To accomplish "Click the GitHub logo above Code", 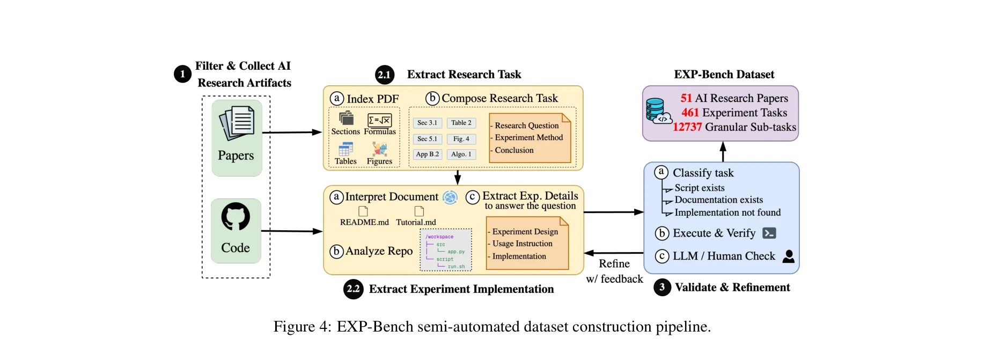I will tap(236, 216).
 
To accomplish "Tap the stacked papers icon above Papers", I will tap(237, 123).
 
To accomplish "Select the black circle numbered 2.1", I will tap(385, 75).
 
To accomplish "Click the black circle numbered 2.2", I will tap(353, 289).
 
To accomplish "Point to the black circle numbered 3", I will tap(662, 287).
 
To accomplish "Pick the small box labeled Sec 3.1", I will tap(427, 123).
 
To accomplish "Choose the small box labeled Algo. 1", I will tap(461, 154).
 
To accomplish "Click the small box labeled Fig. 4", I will tap(461, 139).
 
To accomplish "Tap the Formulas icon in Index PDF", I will tap(379, 120).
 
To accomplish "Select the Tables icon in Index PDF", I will tap(346, 149).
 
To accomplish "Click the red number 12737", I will tap(687, 127).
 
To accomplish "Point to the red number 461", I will tap(690, 113).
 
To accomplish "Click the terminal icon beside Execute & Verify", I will tap(769, 233).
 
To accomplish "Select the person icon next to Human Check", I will tap(788, 256).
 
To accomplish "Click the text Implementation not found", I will tap(727, 212).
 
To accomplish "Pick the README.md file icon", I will tap(363, 211).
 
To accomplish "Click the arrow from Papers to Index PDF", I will tap(292, 132).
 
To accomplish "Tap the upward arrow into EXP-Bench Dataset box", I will tap(723, 151).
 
